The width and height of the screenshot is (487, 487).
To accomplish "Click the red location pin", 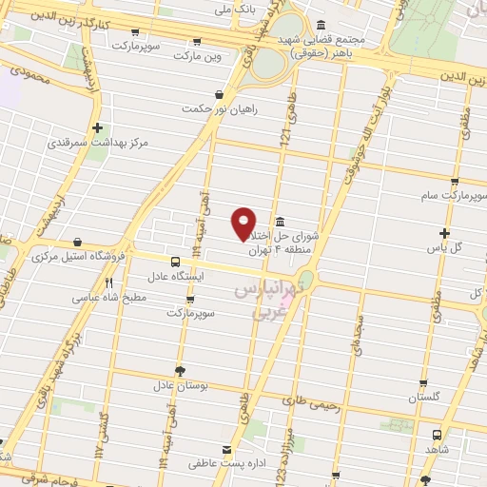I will [x=244, y=222].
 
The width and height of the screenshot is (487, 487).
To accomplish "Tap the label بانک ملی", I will [x=236, y=9].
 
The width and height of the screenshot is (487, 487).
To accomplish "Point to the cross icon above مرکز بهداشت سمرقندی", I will [x=97, y=127].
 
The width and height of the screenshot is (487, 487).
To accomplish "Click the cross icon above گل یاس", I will [x=444, y=233].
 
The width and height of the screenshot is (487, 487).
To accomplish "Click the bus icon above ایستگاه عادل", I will [x=175, y=262].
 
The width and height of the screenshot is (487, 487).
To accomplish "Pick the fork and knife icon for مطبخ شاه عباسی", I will [x=109, y=282].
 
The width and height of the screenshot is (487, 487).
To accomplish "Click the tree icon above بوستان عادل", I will [x=180, y=371].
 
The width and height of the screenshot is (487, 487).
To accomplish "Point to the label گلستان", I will [x=422, y=397].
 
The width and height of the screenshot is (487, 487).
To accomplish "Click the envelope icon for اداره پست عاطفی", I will [x=225, y=449].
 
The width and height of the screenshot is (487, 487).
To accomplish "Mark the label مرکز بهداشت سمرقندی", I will [x=98, y=143].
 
